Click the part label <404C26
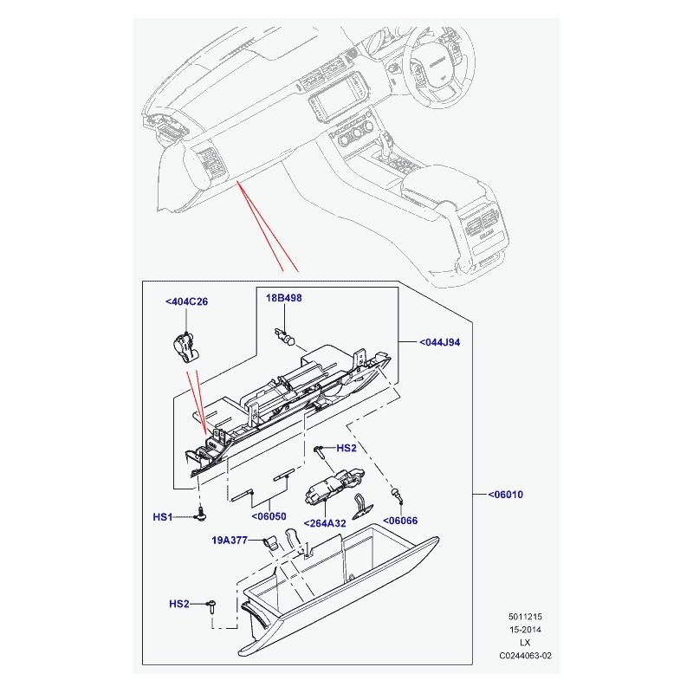point(186,301)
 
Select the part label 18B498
point(284,298)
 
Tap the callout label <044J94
point(440,342)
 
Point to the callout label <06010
point(506,494)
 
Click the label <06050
point(269,516)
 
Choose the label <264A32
point(325,523)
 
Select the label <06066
point(400,521)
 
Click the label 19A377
point(230,540)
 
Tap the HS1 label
point(162,517)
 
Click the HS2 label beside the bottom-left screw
point(179,604)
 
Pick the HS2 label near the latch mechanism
point(346,448)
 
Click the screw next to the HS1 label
point(201,514)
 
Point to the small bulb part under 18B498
point(285,337)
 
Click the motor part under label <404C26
point(185,348)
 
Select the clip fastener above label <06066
point(397,495)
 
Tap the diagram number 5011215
point(525,617)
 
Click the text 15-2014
point(525,630)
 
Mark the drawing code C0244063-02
point(526,656)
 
